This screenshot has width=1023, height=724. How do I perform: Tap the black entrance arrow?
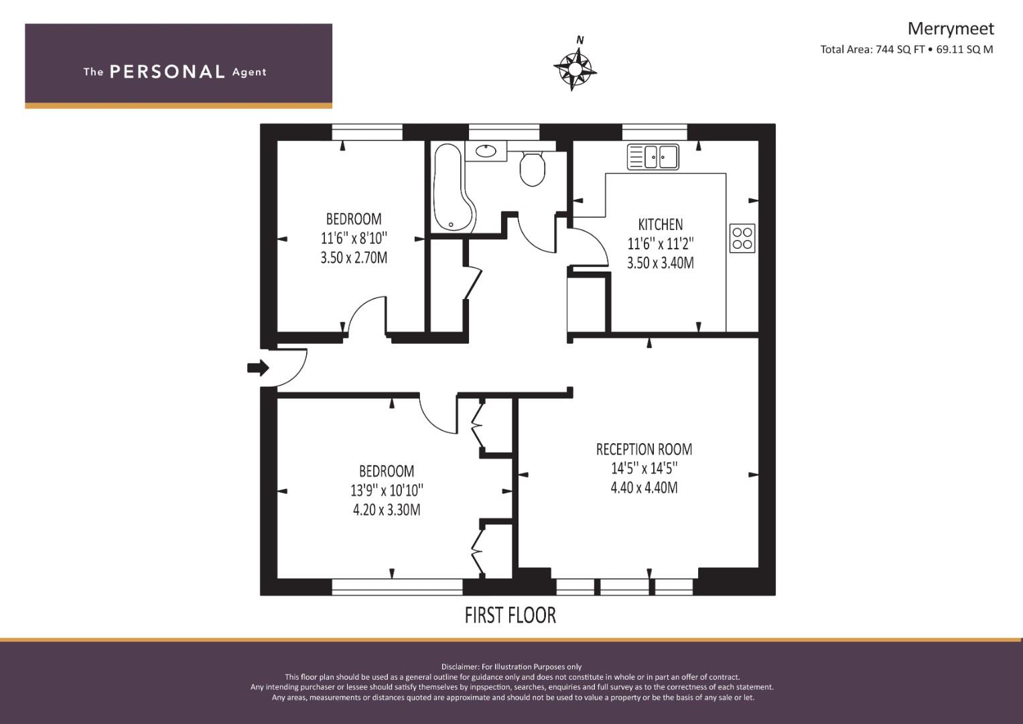[x=258, y=367]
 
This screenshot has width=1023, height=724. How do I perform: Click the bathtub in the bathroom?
[x=452, y=188]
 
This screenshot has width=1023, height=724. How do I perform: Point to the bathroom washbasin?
[x=486, y=151]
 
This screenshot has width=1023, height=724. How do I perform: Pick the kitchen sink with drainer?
[x=653, y=157]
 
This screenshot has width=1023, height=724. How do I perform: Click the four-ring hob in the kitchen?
[x=742, y=238]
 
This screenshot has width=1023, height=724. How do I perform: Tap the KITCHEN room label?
[x=661, y=225]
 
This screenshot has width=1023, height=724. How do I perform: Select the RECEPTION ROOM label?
[x=644, y=449]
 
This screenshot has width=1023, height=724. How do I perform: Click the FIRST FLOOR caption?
[x=510, y=615]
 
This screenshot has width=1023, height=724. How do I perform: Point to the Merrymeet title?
[x=951, y=29]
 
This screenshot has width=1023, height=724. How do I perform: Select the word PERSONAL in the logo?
[x=167, y=72]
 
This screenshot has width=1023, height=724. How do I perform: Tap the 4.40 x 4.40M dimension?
[x=644, y=488]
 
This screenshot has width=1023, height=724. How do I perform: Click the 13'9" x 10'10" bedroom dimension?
[x=387, y=491]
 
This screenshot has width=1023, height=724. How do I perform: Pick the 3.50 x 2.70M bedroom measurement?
[x=354, y=258]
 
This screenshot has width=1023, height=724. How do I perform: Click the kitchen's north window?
[x=655, y=132]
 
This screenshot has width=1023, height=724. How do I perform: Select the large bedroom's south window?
[x=397, y=587]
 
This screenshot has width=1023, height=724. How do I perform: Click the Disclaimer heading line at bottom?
[x=511, y=667]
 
